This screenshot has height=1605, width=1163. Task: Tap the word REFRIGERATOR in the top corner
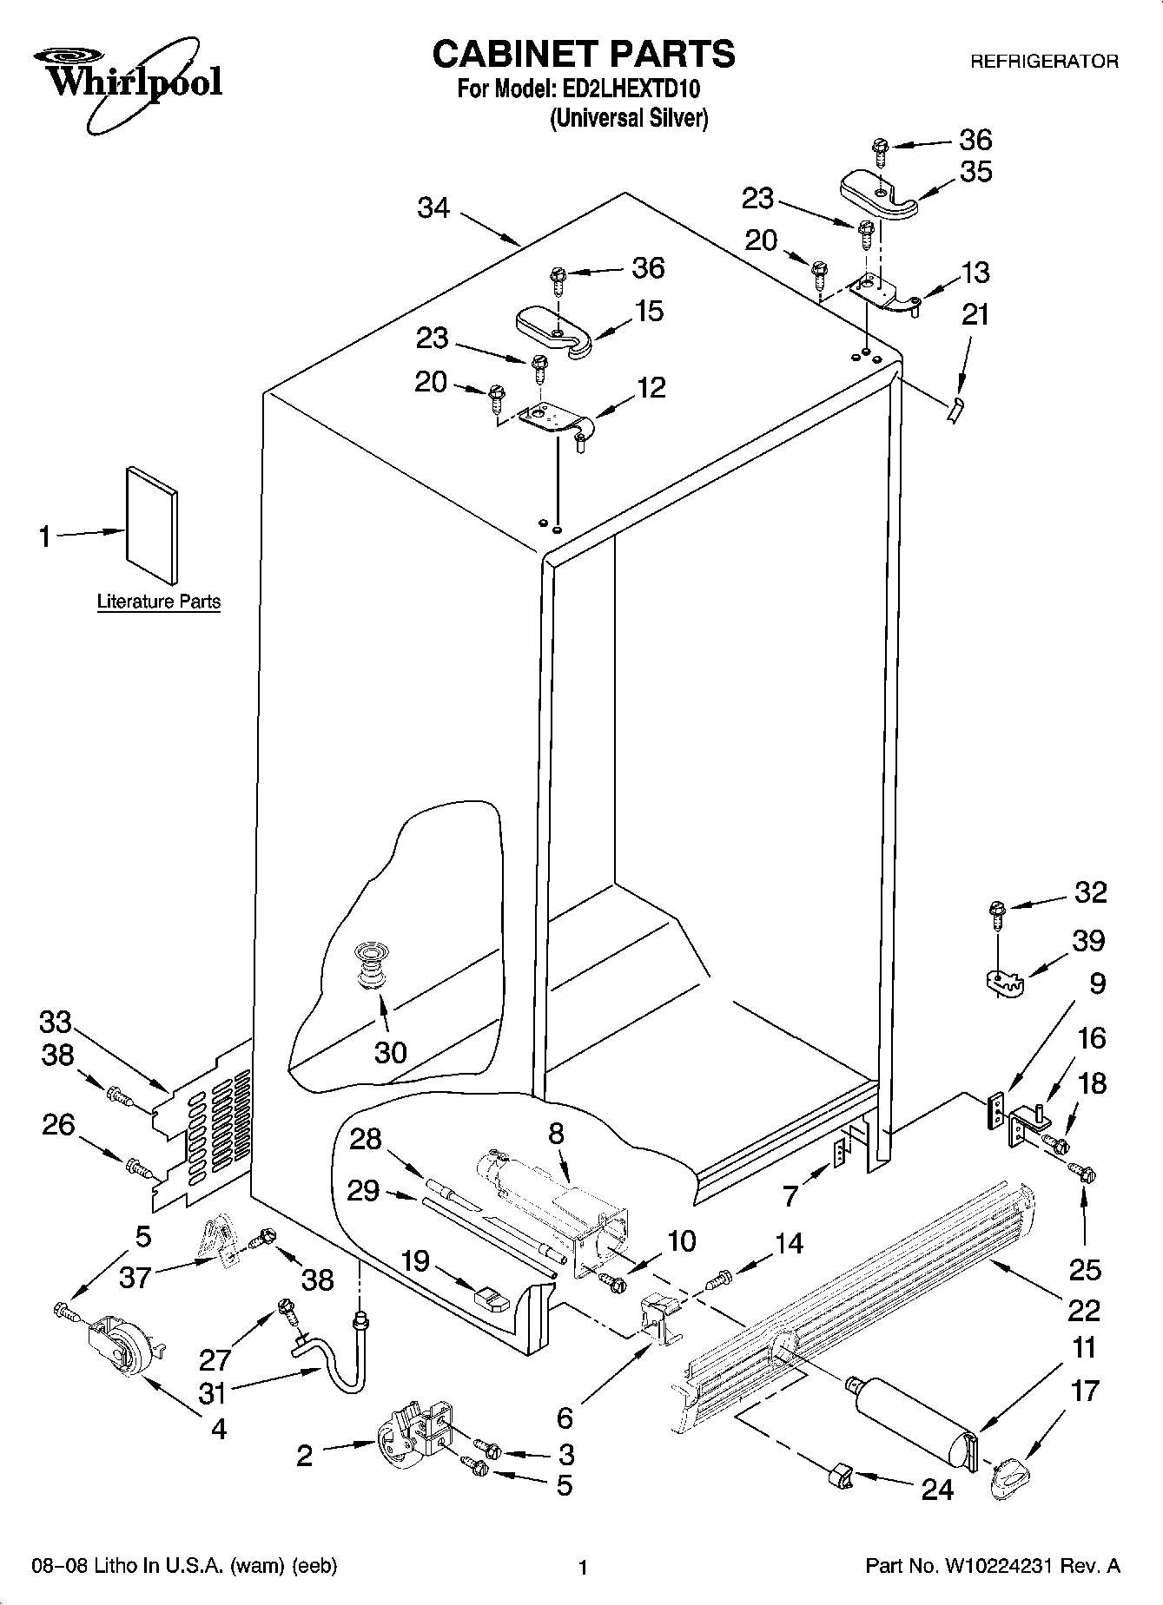[1043, 62]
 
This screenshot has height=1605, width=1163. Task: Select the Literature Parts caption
[158, 602]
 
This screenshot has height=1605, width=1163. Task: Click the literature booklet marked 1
[151, 526]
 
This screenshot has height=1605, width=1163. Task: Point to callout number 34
[433, 207]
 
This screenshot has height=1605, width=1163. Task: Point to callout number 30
[390, 1052]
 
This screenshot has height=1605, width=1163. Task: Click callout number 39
[1087, 940]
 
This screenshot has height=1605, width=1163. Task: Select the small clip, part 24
[838, 1473]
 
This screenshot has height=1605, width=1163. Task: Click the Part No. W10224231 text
[992, 1567]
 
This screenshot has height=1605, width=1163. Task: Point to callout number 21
[975, 313]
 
